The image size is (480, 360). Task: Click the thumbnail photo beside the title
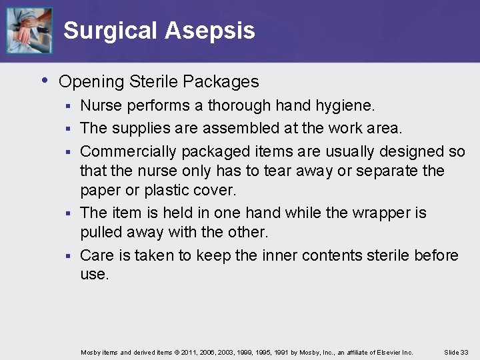click(29, 30)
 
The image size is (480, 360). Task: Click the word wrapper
click(377, 213)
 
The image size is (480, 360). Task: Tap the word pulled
click(101, 233)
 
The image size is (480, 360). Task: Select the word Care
click(97, 256)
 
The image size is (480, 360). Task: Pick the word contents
click(333, 256)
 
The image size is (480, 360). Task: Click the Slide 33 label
click(456, 352)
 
